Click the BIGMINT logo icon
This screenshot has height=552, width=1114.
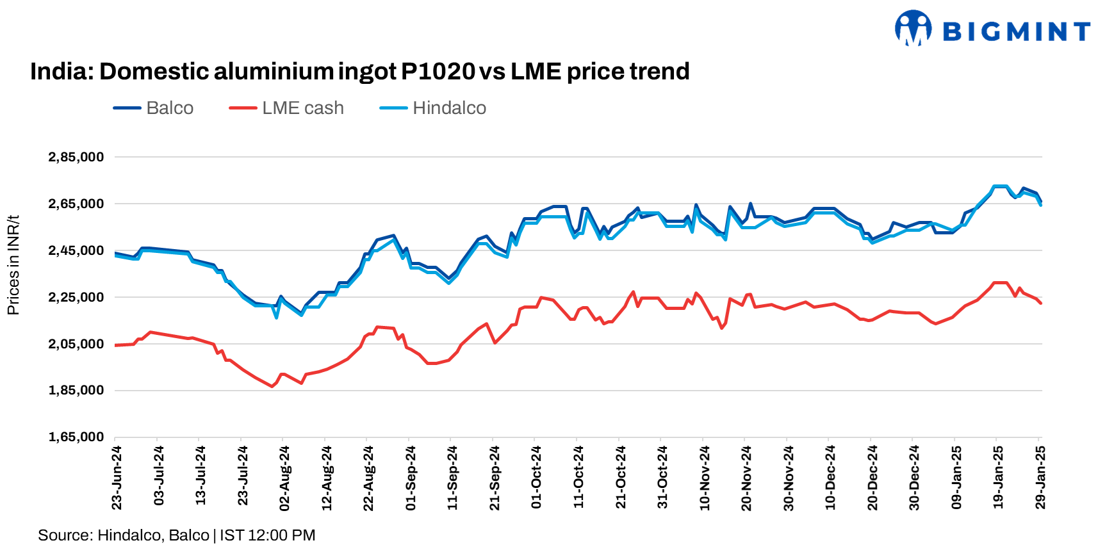click(x=913, y=28)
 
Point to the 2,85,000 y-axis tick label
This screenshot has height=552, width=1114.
click(x=76, y=157)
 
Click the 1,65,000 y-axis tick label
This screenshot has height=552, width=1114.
click(x=76, y=437)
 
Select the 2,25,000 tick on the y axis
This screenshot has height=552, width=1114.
click(x=76, y=297)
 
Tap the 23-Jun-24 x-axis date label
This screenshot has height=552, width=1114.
click(x=117, y=478)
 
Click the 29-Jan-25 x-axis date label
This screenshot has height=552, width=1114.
click(x=1040, y=478)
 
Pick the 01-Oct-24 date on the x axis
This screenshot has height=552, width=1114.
click(x=537, y=478)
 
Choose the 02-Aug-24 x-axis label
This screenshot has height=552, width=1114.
click(x=284, y=478)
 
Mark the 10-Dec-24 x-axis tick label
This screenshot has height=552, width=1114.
click(x=830, y=478)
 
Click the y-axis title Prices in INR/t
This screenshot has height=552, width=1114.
click(x=13, y=265)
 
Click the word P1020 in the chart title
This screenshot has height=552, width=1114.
click(x=438, y=71)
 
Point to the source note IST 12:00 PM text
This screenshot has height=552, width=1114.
click(x=267, y=535)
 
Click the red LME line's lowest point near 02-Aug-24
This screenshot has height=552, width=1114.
click(x=272, y=386)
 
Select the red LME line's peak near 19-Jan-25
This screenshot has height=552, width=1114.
click(x=1000, y=282)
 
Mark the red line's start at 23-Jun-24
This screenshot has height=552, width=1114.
click(x=116, y=345)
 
